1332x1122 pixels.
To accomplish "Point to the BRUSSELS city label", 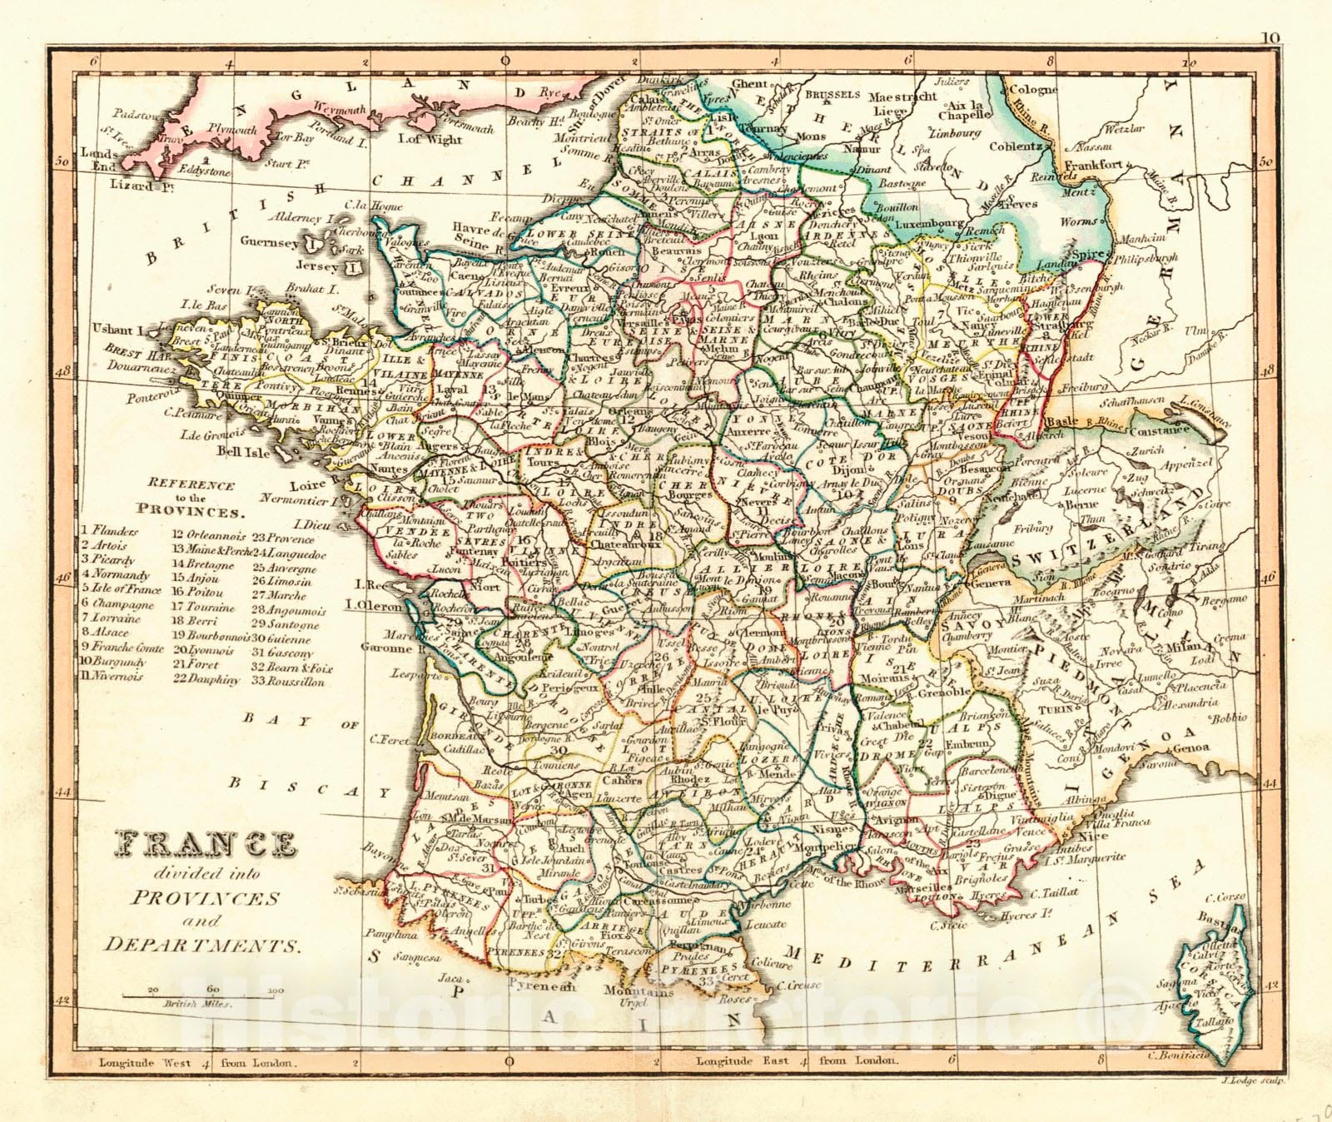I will (832, 95).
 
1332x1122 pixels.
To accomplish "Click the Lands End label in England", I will (98, 159).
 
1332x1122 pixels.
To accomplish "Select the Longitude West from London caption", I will (197, 1061).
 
